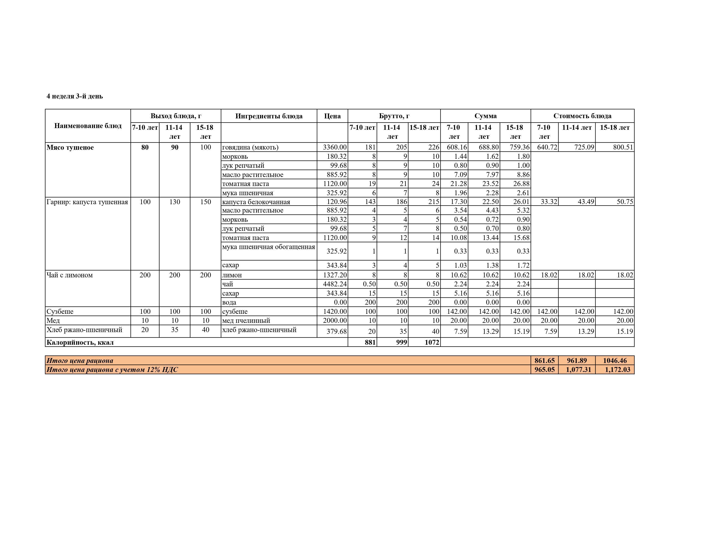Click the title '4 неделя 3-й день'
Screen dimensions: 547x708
[x=75, y=96]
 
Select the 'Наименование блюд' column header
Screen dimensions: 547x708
[x=88, y=126]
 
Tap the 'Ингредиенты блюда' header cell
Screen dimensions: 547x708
[x=269, y=116]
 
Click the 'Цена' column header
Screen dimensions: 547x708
[x=332, y=116]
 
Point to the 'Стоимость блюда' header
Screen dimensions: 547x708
[x=582, y=116]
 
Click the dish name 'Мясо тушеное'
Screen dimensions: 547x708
[x=70, y=147]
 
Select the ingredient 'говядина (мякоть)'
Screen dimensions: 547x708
[x=250, y=147]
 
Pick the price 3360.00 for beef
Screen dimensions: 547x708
[x=334, y=147]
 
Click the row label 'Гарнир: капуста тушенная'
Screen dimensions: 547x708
[x=87, y=202]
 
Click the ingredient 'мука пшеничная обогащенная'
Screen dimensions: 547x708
[x=268, y=247]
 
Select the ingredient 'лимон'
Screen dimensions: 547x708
[x=232, y=275]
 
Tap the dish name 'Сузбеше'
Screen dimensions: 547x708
[x=60, y=311]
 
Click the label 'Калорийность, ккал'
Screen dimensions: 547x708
[x=80, y=342]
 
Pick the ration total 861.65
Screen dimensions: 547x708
[x=544, y=360]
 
